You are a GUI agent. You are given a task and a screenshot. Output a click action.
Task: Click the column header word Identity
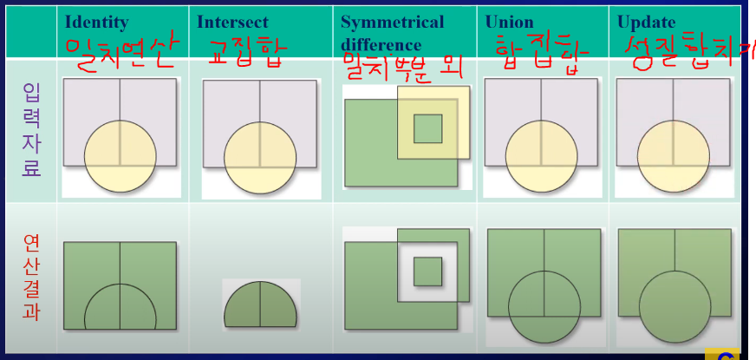coord(96,22)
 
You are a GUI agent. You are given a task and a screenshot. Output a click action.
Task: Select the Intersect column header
coord(233,22)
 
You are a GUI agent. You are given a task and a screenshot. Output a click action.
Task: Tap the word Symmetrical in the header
coord(392,22)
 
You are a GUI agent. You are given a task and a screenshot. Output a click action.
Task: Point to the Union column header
coord(510,22)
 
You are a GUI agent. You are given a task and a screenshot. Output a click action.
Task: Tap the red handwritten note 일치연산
coord(121,55)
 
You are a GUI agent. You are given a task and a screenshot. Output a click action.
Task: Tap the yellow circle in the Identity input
coord(121,157)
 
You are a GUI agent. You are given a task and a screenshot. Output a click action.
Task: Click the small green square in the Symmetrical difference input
coord(427,128)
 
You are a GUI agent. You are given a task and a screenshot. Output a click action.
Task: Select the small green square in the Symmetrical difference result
coord(427,271)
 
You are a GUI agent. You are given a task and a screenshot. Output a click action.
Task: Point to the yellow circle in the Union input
coord(542,157)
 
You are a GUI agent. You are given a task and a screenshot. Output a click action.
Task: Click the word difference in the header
coord(381,44)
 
